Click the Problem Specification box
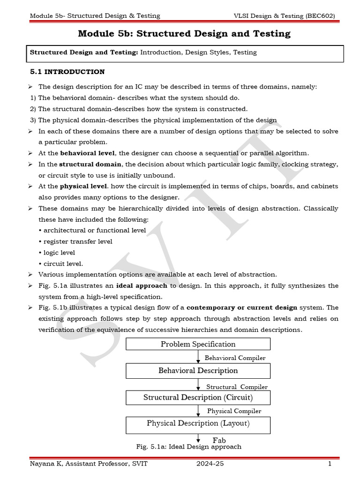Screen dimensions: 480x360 (198, 344)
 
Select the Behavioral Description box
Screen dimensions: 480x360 (198, 371)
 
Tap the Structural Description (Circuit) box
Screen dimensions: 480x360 (198, 397)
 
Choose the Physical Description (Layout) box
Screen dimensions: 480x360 (198, 423)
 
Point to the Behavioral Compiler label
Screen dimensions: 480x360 (235, 358)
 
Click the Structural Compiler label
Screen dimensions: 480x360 (237, 387)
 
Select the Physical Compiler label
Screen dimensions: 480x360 (234, 411)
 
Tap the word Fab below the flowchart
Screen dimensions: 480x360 (219, 440)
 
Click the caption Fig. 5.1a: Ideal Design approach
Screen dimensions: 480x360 (188, 447)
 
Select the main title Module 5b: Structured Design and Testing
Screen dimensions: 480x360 (184, 34)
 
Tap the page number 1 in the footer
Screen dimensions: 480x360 (330, 464)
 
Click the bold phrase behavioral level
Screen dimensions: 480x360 (88, 153)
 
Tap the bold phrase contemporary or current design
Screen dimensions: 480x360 (242, 307)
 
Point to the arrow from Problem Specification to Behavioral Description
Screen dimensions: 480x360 (199, 357)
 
